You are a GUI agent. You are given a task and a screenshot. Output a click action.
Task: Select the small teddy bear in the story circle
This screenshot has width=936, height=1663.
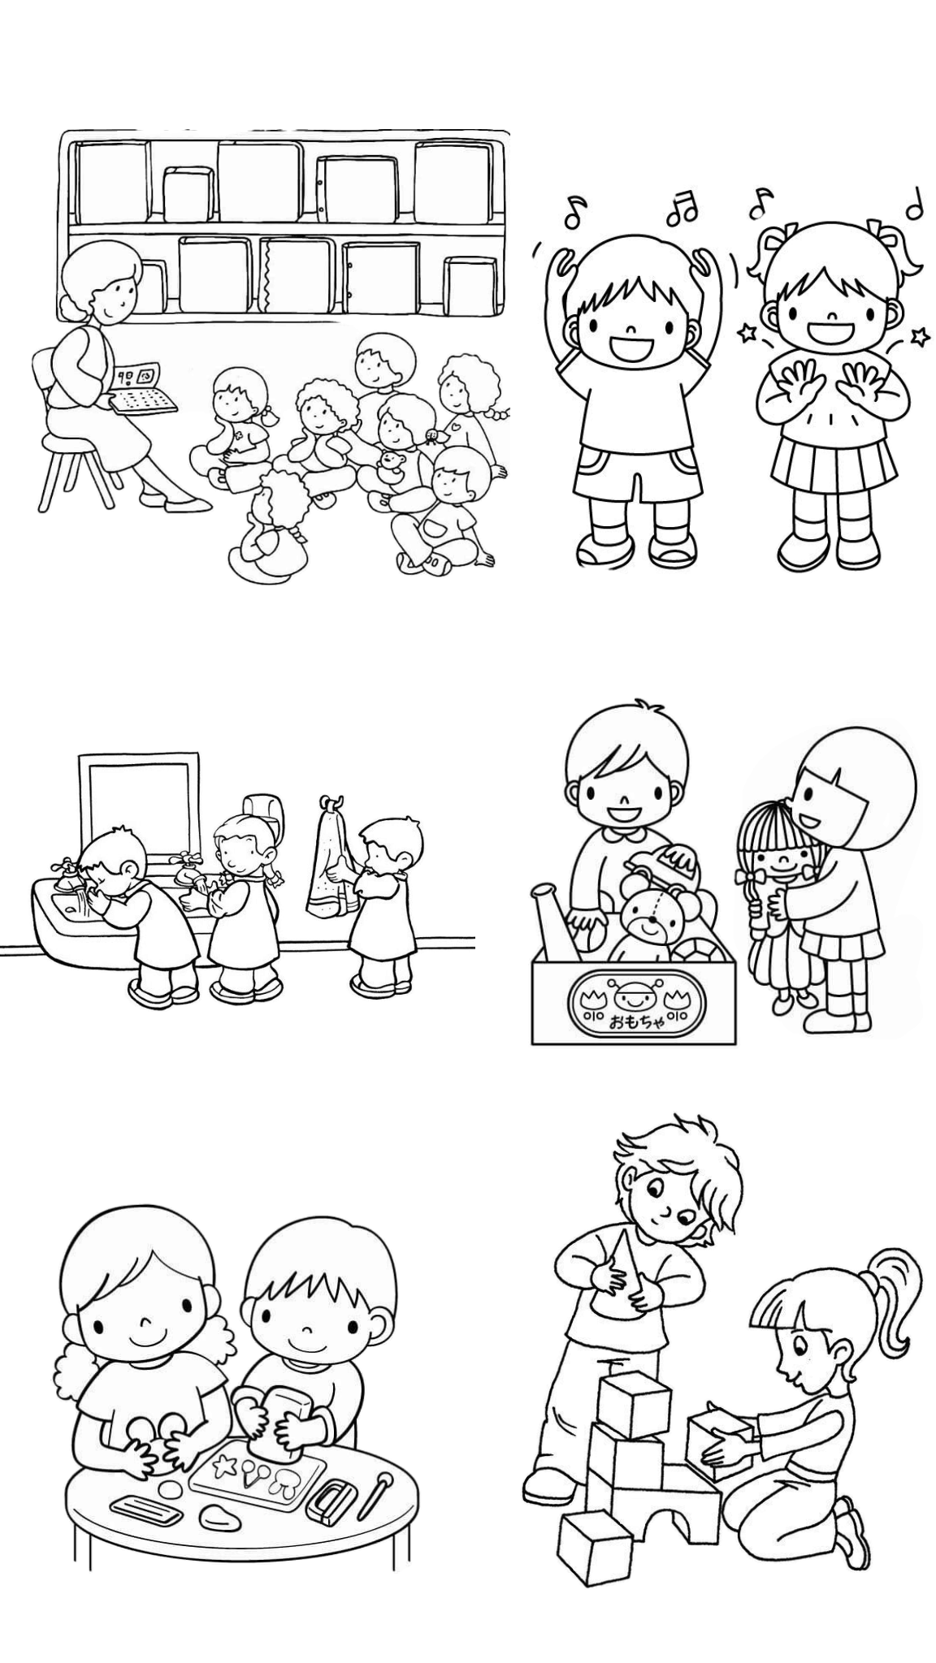392,468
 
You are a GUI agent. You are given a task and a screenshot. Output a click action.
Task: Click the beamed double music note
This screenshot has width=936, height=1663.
682,209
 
